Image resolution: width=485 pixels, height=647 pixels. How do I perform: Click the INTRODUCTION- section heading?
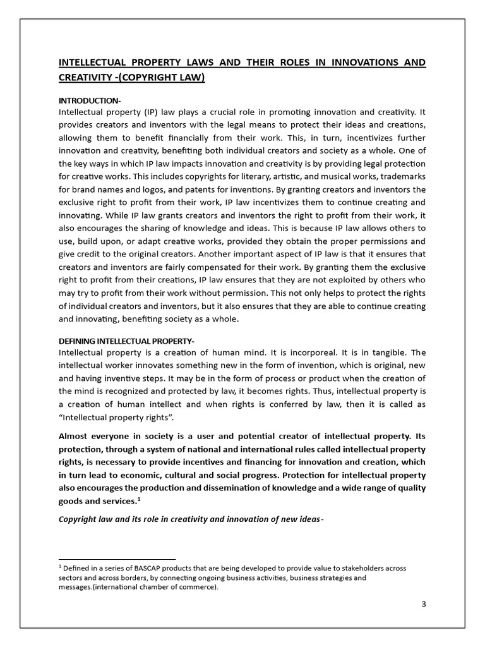89,100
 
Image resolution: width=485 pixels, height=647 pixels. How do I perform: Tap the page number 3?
424,603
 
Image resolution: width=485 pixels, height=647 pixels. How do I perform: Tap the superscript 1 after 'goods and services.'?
138,499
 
